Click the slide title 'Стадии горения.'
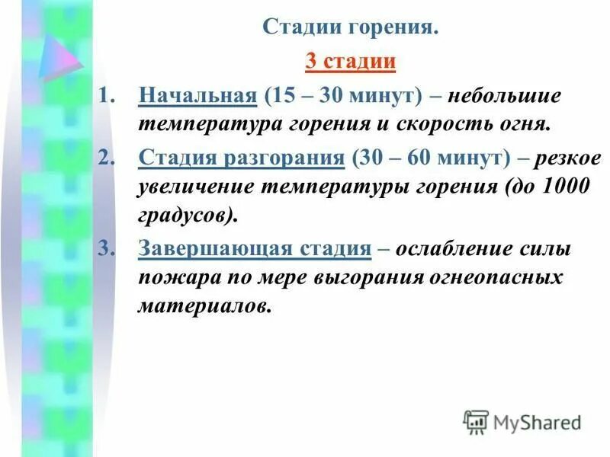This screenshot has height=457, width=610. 351,27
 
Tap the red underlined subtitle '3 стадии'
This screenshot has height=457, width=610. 351,61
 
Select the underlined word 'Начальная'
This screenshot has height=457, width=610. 196,97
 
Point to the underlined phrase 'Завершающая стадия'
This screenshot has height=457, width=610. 255,248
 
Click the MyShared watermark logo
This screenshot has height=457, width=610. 522,421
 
